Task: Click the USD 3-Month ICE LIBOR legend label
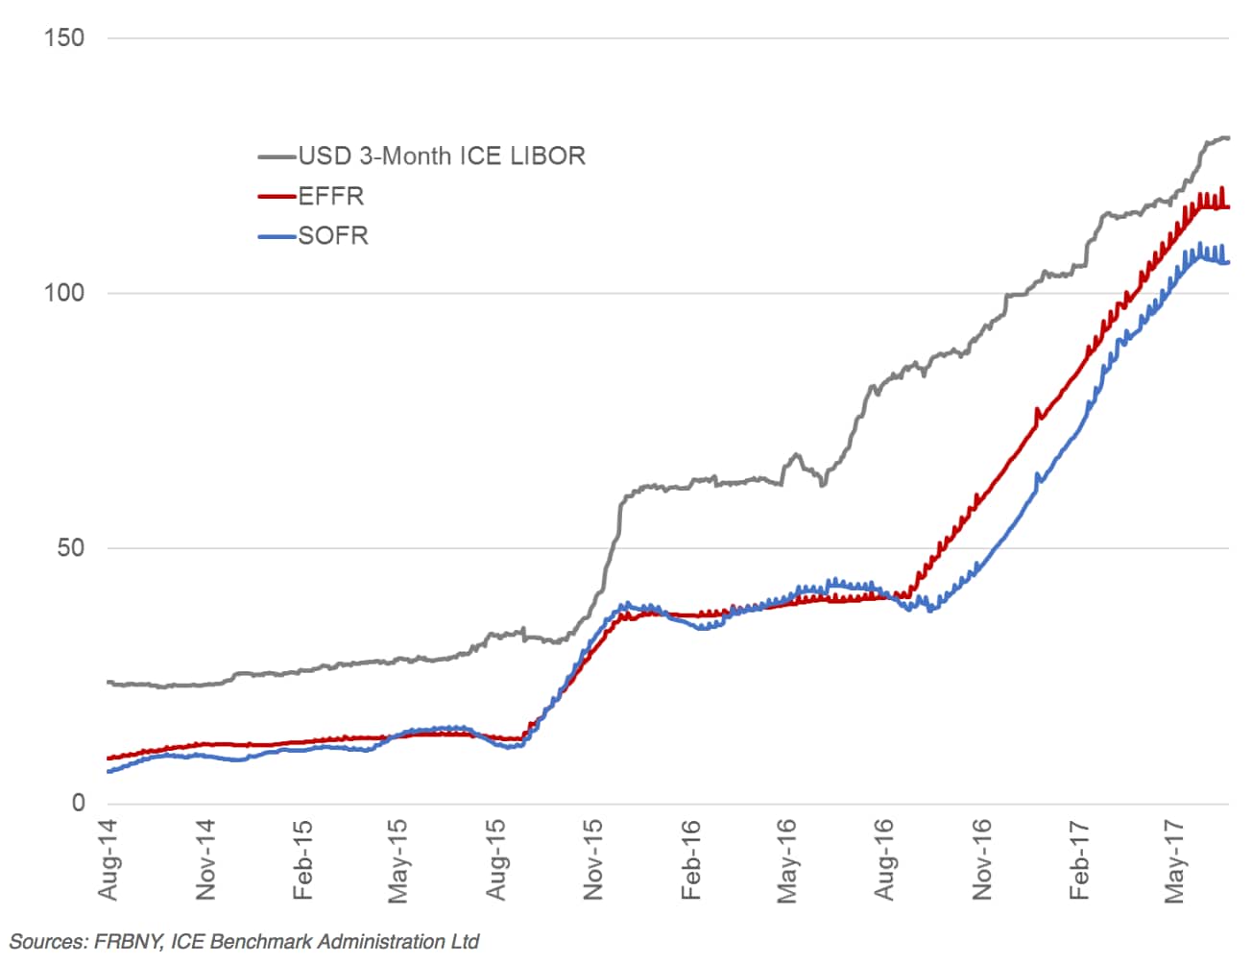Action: [442, 156]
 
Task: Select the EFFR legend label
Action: [331, 196]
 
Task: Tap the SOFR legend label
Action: [333, 235]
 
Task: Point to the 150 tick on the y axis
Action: [64, 38]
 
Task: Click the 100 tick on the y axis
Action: [64, 293]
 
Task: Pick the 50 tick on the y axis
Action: [70, 548]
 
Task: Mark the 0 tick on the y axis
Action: [79, 804]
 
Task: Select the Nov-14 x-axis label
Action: [205, 859]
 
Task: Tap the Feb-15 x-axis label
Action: [302, 859]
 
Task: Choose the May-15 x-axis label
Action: [398, 859]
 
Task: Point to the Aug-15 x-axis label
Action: [495, 859]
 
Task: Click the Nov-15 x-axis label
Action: [593, 859]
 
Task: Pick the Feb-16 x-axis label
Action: [690, 859]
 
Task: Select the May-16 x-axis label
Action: [786, 859]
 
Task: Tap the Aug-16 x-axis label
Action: [884, 859]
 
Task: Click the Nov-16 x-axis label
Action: [981, 859]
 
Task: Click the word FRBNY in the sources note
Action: [126, 942]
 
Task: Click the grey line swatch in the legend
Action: [277, 156]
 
